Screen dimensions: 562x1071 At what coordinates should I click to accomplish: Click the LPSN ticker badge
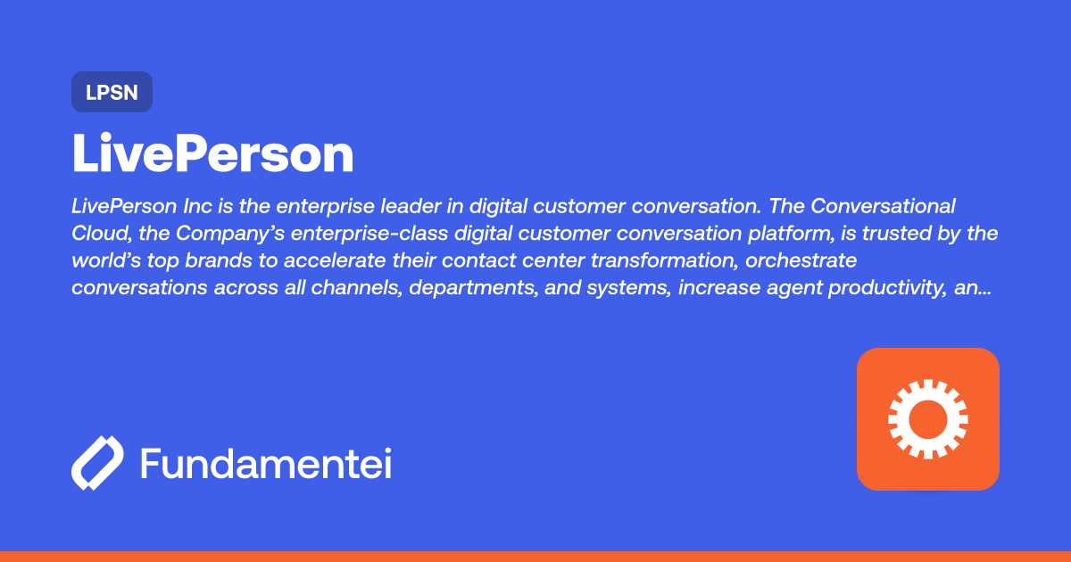coord(112,92)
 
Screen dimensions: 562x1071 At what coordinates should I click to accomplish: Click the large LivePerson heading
coord(212,154)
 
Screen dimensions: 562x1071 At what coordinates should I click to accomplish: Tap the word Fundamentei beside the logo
coord(265,464)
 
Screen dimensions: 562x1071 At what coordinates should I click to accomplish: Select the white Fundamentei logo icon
coord(96,463)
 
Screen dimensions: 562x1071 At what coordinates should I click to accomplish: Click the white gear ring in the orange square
coord(927,418)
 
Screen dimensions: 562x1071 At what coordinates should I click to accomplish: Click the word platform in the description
coord(774,235)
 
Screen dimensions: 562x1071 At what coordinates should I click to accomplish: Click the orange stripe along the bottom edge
coord(535,556)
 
